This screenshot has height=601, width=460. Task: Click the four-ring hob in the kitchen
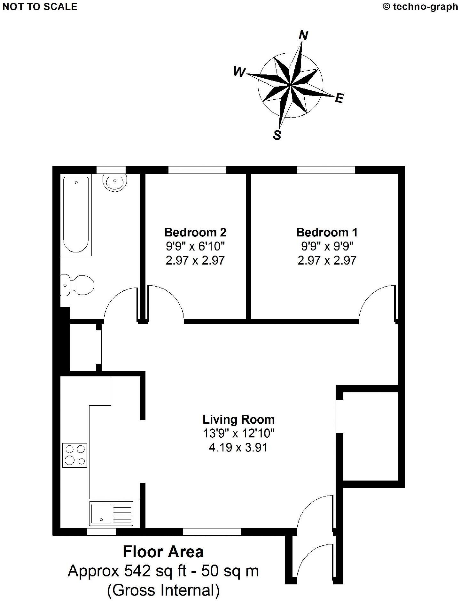[x=74, y=455]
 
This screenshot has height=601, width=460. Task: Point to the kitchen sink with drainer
[x=112, y=513]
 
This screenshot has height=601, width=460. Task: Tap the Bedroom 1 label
[x=327, y=232]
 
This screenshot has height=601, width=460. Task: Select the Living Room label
[x=238, y=419]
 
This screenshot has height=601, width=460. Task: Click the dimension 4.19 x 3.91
[x=238, y=447]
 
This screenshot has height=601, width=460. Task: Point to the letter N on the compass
[x=303, y=35]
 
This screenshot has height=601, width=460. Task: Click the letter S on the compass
[x=277, y=135]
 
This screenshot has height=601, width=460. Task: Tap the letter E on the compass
[x=339, y=98]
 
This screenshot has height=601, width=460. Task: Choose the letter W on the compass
[x=239, y=72]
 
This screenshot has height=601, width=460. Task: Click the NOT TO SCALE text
[x=40, y=7]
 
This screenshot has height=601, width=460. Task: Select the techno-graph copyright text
[x=420, y=7]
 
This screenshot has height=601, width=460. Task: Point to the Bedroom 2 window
[x=197, y=170]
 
